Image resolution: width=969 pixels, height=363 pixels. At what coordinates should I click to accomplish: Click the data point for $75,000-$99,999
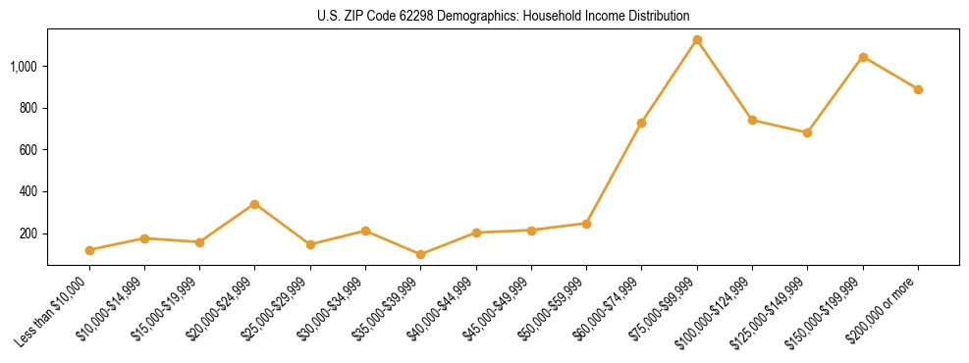click(x=697, y=40)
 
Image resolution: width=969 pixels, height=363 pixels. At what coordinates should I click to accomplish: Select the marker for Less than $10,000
click(x=89, y=250)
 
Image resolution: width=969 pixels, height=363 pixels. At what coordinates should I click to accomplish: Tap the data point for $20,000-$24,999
click(x=254, y=204)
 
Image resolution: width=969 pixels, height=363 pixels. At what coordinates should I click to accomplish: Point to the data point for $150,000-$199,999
click(x=863, y=57)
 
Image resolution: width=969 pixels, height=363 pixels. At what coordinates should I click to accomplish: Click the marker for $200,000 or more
click(x=918, y=89)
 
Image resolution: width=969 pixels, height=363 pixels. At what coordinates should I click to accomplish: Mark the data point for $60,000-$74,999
click(x=641, y=123)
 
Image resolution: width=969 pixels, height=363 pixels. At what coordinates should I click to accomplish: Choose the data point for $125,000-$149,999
click(x=807, y=132)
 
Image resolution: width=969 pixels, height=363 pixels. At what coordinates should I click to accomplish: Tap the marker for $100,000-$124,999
click(x=752, y=120)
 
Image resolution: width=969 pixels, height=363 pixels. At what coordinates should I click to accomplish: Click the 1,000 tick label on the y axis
click(x=24, y=67)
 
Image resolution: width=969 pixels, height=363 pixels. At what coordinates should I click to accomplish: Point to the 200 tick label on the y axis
click(x=28, y=233)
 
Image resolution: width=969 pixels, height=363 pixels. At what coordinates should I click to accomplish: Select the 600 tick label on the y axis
click(x=28, y=150)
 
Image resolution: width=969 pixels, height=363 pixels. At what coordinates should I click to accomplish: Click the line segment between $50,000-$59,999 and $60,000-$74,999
click(x=614, y=173)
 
